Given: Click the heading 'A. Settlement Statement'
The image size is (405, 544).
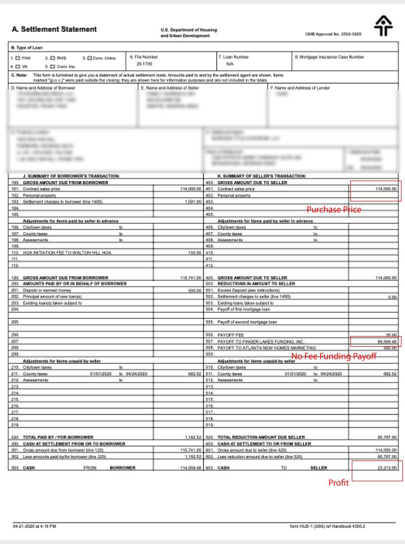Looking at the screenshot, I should pos(54,29).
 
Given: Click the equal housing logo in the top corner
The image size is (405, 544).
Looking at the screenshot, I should pos(383,26).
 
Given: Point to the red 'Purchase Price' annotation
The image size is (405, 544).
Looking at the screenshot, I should pos(334,210).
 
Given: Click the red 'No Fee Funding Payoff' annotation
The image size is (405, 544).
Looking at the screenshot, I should pos(334,356).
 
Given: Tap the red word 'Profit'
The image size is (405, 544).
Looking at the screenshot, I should pos(339,483).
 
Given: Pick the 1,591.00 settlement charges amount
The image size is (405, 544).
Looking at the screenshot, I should pos(192,201).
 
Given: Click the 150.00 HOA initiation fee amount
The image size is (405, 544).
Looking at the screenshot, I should pos(195,252).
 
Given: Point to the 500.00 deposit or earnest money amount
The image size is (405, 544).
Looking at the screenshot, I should pos(195,290).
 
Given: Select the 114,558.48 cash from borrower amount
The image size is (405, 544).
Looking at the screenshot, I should pos(190,468).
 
